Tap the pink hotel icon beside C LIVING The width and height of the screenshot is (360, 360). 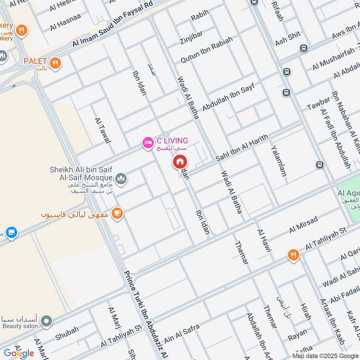(x=147, y=144)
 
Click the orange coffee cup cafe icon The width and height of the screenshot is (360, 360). (x=117, y=213)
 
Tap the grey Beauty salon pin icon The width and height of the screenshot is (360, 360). (x=46, y=321)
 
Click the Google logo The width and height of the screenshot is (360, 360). (x=19, y=353)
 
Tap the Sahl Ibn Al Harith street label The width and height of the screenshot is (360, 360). (x=242, y=148)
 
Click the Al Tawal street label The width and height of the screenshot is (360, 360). (x=103, y=130)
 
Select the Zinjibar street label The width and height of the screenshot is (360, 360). (x=190, y=35)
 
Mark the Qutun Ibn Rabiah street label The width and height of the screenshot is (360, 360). (x=207, y=49)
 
